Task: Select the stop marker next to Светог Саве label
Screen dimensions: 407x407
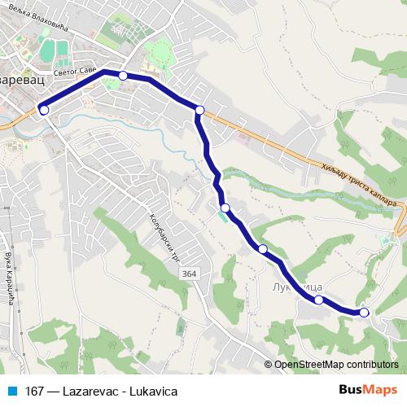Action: pos(123,76)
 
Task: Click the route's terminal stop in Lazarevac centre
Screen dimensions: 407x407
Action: pos(44,110)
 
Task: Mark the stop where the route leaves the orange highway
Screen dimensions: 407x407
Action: pos(199,109)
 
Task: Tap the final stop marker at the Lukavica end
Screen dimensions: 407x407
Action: pos(364,312)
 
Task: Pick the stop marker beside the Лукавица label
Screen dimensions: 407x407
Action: pos(319,300)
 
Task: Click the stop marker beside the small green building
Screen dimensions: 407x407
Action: pos(225,208)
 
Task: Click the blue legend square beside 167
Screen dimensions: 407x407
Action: pos(13,392)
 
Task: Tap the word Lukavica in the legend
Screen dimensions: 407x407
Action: pos(150,392)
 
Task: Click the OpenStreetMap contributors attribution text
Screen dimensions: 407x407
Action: pos(336,365)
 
